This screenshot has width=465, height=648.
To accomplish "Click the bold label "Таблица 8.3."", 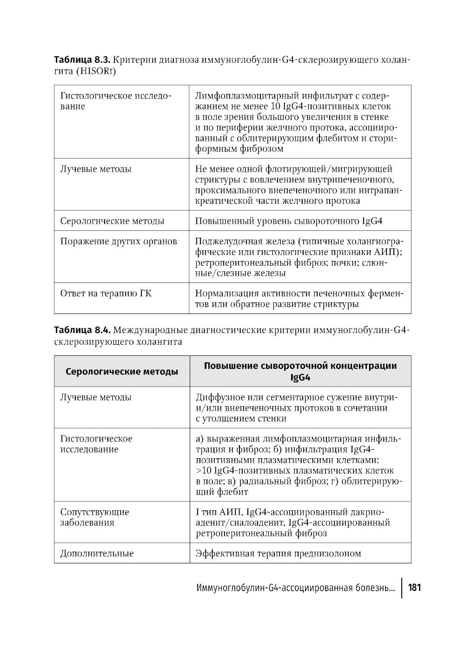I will [82, 60].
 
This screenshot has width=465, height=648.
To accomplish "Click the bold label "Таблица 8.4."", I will [82, 330].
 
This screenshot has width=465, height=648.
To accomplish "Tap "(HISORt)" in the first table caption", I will [96, 72].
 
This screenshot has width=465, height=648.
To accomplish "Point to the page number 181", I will [414, 588].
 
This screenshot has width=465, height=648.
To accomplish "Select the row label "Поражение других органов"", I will [119, 241].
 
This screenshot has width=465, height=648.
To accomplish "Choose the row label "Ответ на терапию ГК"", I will [106, 294].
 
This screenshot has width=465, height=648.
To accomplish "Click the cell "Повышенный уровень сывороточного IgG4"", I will [288, 221].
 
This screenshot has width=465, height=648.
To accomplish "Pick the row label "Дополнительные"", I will [97, 553].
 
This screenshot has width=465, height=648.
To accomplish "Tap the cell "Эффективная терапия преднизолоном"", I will [278, 553].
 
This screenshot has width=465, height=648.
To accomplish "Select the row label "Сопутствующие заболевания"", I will [95, 517].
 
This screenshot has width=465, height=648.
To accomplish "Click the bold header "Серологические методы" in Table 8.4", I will [122, 372].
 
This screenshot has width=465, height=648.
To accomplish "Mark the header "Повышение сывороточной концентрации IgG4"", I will [300, 371].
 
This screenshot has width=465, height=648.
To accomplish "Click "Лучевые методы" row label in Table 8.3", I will [96, 169].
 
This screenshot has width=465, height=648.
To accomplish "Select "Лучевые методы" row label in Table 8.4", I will [96, 397].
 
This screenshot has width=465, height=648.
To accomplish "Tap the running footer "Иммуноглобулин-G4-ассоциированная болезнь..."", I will [296, 588].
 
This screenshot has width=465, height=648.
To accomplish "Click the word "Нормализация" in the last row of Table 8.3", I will [223, 294].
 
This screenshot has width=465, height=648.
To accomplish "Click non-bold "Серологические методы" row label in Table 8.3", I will [112, 221].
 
